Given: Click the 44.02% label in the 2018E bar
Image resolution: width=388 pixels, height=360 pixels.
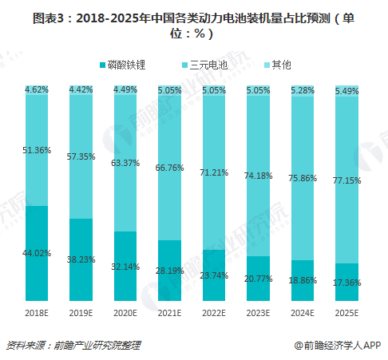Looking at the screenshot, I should [x=37, y=253].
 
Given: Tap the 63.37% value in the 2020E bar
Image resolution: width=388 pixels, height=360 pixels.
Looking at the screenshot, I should [x=126, y=164].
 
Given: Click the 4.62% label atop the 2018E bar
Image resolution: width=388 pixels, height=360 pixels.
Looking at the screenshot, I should [x=37, y=90].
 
